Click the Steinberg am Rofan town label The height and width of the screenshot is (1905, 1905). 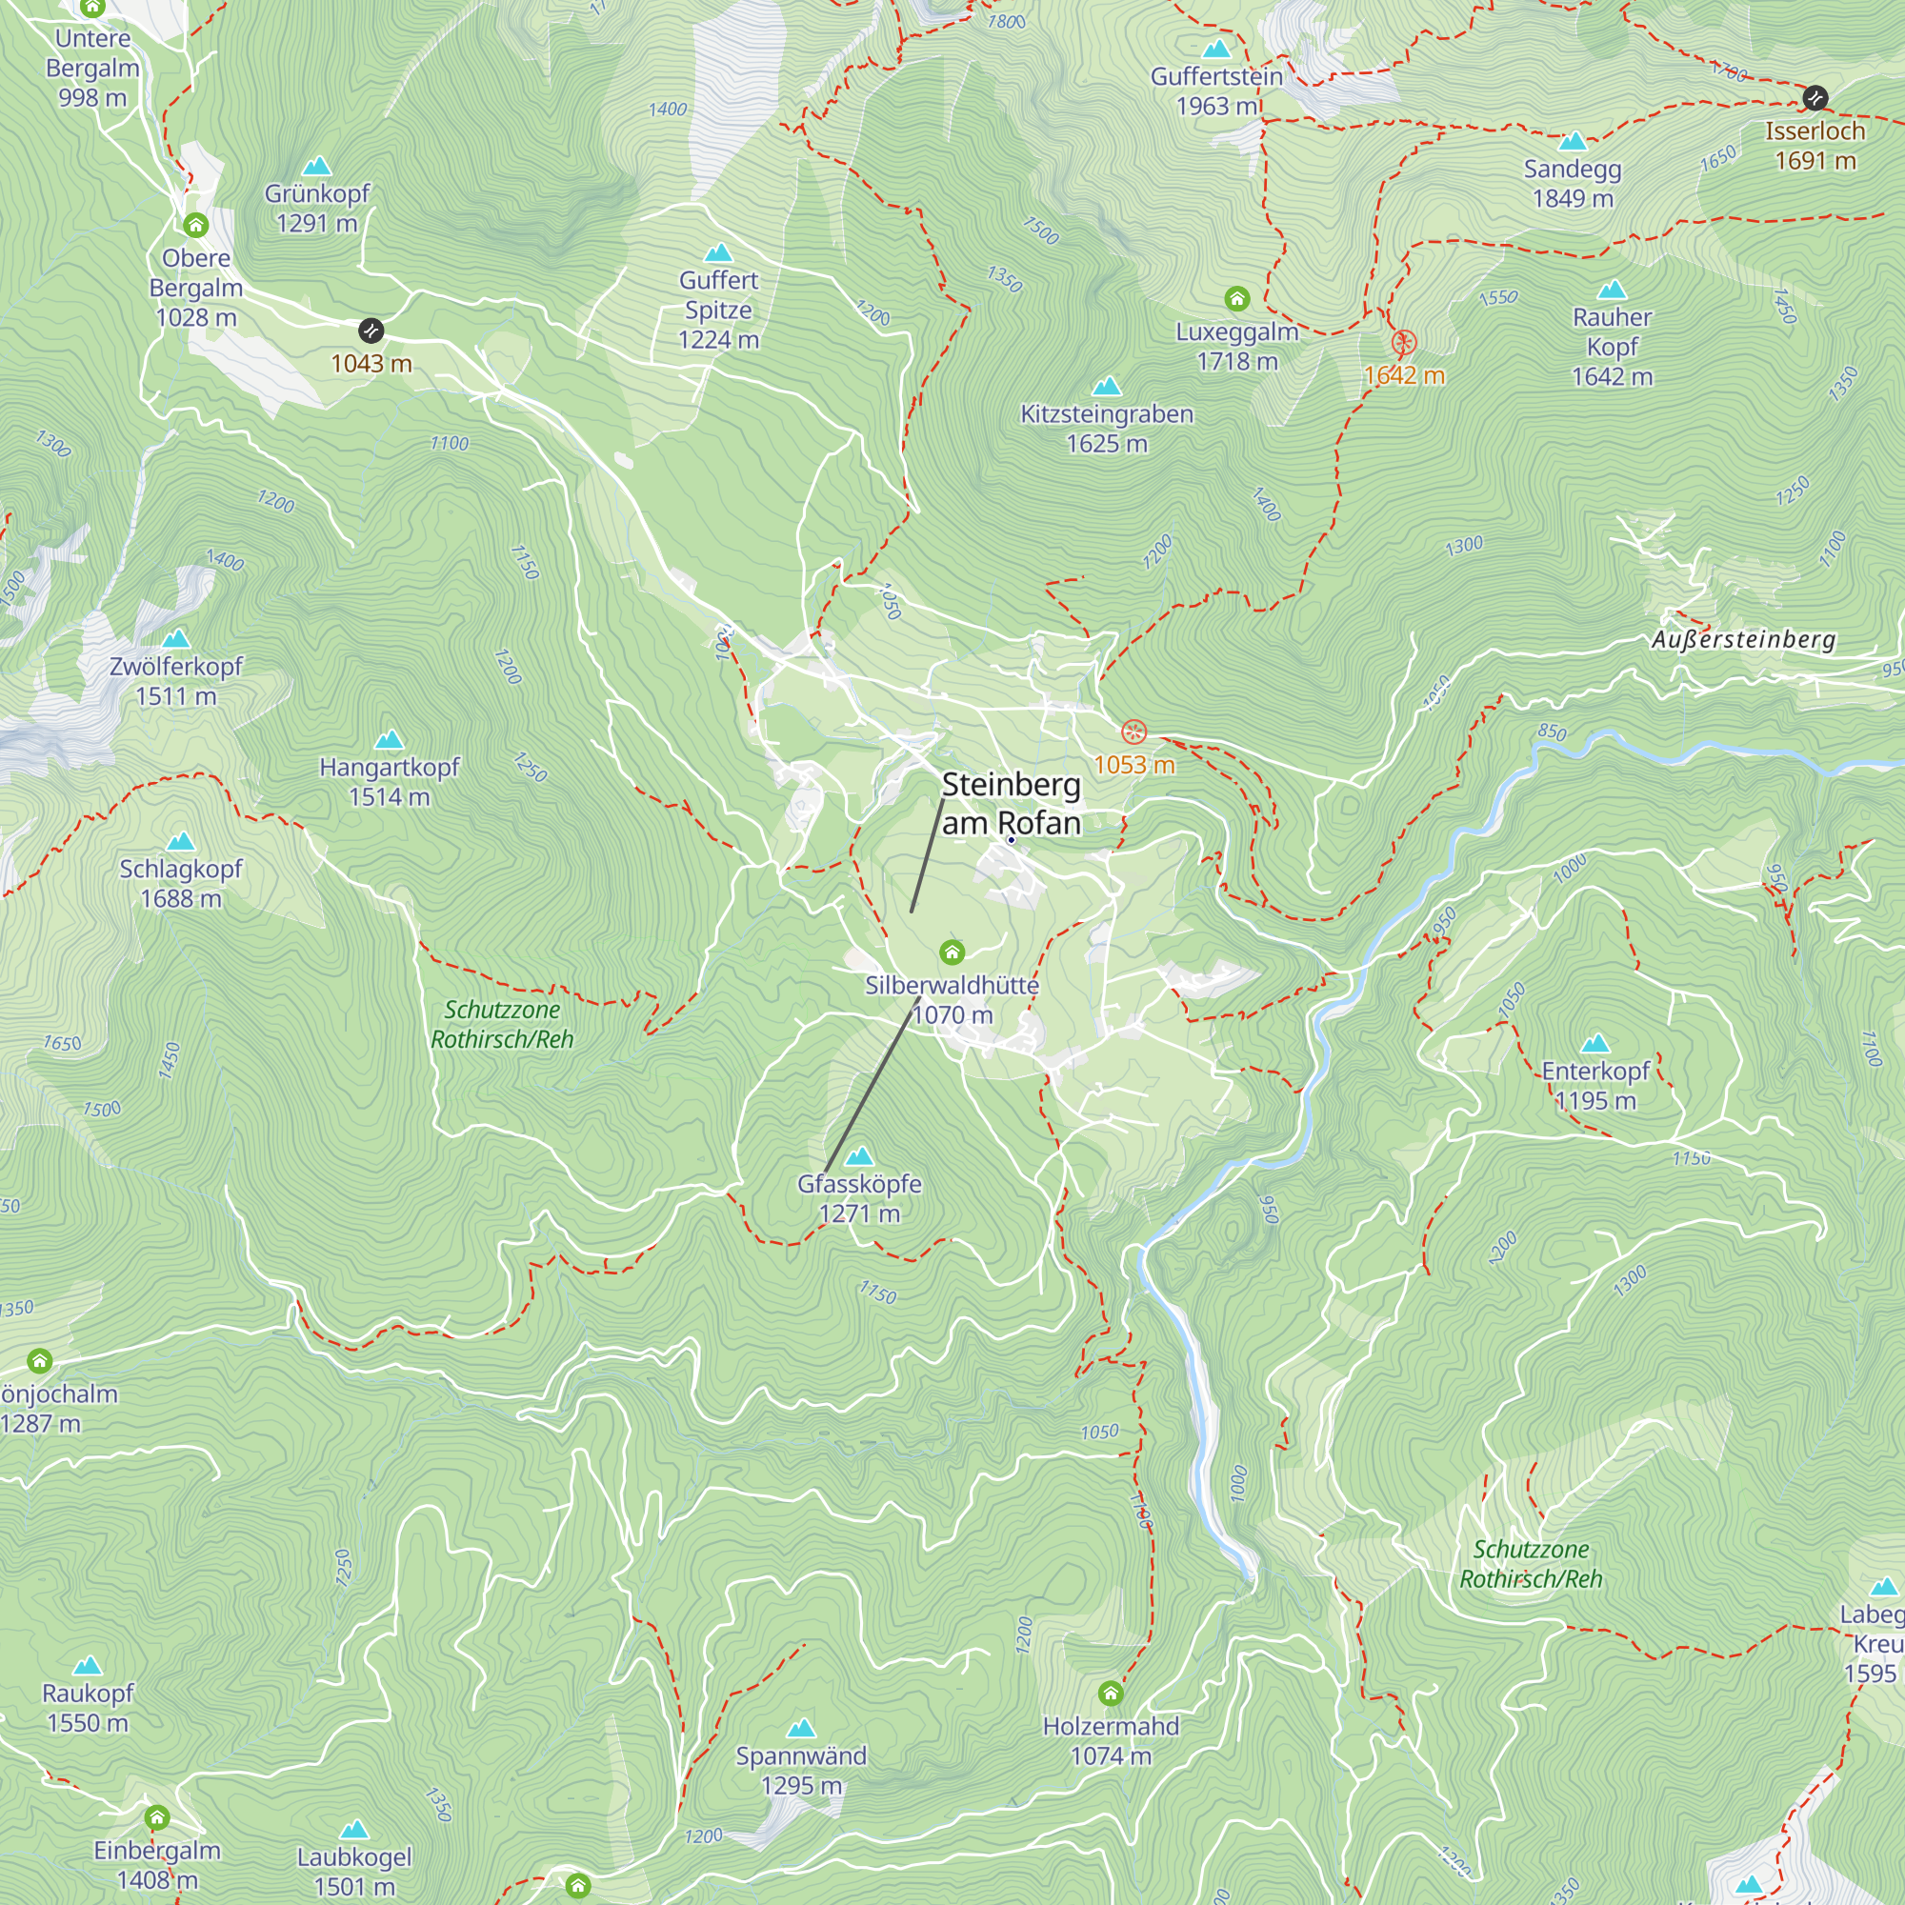pyautogui.click(x=1011, y=804)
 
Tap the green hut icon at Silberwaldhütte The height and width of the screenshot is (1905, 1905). pyautogui.click(x=952, y=952)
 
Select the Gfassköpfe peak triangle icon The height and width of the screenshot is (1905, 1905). pyautogui.click(x=860, y=1155)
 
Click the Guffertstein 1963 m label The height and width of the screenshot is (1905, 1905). pyautogui.click(x=1216, y=90)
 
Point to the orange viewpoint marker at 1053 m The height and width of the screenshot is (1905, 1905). pyautogui.click(x=1133, y=732)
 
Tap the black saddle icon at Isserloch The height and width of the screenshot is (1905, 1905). pyautogui.click(x=1815, y=97)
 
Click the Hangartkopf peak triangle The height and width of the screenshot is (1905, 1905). pyautogui.click(x=390, y=739)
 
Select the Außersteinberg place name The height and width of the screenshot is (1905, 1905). pyautogui.click(x=1743, y=640)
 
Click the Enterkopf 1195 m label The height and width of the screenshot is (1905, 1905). pyautogui.click(x=1595, y=1086)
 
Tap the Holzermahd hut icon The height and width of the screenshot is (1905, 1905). pyautogui.click(x=1111, y=1694)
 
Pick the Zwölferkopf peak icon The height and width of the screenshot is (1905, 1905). pyautogui.click(x=175, y=639)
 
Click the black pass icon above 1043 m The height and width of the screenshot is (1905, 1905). pyautogui.click(x=371, y=331)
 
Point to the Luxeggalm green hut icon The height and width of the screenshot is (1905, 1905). pyautogui.click(x=1236, y=298)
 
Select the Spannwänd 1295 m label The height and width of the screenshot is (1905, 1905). pyautogui.click(x=801, y=1771)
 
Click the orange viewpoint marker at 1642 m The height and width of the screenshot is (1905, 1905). pyautogui.click(x=1404, y=343)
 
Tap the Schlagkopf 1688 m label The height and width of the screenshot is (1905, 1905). pyautogui.click(x=180, y=884)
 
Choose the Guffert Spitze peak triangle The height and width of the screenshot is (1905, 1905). pyautogui.click(x=719, y=253)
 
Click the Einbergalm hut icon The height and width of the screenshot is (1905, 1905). pyautogui.click(x=157, y=1817)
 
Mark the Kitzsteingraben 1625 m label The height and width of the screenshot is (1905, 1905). pyautogui.click(x=1106, y=429)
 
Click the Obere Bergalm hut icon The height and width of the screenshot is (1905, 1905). pyautogui.click(x=195, y=226)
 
